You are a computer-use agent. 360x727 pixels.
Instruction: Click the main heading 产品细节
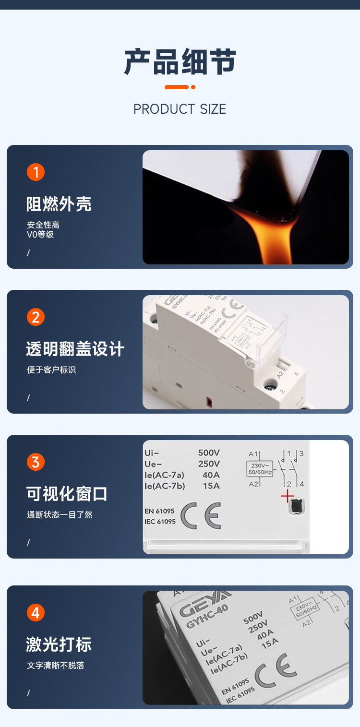point(180,62)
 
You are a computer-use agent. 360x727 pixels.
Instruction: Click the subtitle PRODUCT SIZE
point(180,109)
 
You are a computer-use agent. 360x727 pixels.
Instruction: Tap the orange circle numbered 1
point(36,172)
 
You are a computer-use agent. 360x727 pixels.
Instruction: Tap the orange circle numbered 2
point(36,317)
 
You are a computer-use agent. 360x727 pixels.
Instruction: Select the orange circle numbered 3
point(36,462)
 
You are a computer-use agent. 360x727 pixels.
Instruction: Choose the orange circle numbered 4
point(36,613)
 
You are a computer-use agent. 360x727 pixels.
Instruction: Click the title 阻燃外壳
point(59,204)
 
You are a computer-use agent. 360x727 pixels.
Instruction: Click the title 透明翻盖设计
point(75,349)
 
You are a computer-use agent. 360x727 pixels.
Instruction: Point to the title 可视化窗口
point(67,494)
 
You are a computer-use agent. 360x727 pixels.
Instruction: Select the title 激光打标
point(59,644)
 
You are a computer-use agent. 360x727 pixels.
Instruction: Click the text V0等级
point(40,235)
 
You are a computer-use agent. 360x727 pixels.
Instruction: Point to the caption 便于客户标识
point(51,370)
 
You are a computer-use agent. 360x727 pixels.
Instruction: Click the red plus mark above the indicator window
point(287,496)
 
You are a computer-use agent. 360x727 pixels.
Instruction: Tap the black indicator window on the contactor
point(297,506)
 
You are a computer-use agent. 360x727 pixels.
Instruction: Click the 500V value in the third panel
point(209,453)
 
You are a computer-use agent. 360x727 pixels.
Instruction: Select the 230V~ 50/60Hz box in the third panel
point(260,469)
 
